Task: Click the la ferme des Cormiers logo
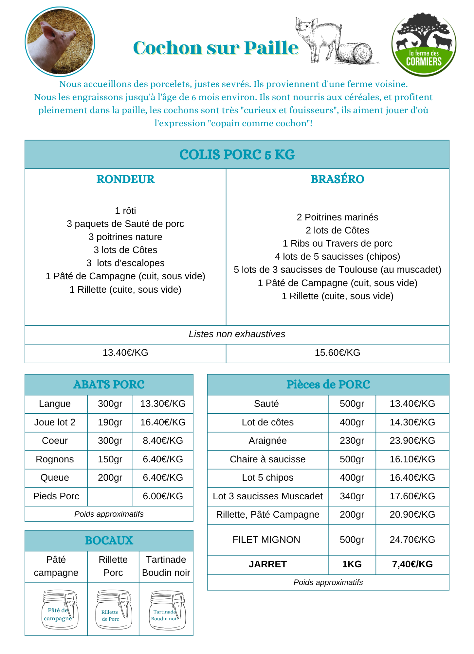click(424, 44)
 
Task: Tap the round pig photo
click(60, 42)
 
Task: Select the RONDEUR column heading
click(125, 179)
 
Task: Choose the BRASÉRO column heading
click(337, 179)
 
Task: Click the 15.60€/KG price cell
click(337, 353)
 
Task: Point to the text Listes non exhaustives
click(237, 334)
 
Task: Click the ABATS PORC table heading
click(109, 385)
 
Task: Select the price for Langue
click(163, 404)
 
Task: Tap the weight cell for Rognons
click(110, 459)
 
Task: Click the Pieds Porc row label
click(56, 496)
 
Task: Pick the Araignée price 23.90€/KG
click(412, 440)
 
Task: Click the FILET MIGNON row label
click(266, 540)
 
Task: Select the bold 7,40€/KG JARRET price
click(412, 564)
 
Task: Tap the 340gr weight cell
click(352, 496)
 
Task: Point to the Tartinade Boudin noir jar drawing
click(167, 610)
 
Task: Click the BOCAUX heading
click(109, 541)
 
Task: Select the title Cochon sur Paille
click(216, 48)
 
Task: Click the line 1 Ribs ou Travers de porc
click(337, 243)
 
